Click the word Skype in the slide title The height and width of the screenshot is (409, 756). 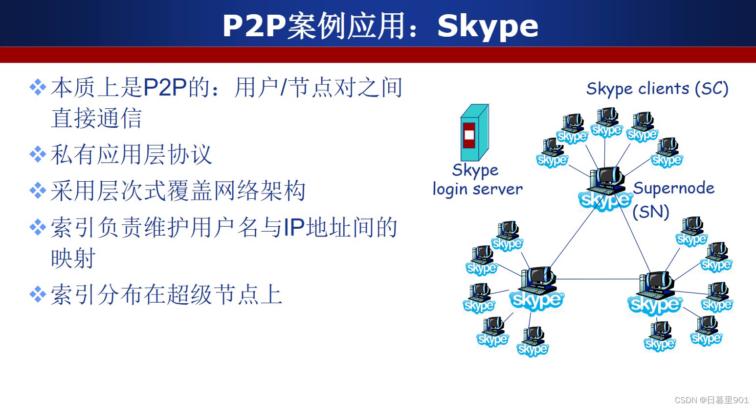coord(488,26)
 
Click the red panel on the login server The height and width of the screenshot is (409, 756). coord(468,135)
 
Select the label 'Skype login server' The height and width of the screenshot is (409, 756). coord(477,179)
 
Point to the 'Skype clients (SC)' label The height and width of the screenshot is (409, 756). coord(657,89)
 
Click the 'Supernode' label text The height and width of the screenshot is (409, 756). coord(673,188)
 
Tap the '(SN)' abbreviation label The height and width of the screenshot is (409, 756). coord(650,212)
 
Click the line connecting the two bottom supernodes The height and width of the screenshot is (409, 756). coord(597,279)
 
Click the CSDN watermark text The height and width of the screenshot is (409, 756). coord(712,400)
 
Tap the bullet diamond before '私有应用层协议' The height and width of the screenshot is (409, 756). coord(38,155)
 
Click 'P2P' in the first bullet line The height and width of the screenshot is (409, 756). coord(165,88)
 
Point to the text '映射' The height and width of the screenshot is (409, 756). coord(73,258)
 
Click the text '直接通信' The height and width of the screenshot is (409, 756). coord(96,118)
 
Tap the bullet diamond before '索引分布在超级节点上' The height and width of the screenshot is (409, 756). coord(38,295)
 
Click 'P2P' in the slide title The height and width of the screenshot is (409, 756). coord(254,26)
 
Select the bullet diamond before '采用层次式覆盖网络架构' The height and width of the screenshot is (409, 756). coord(38,191)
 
